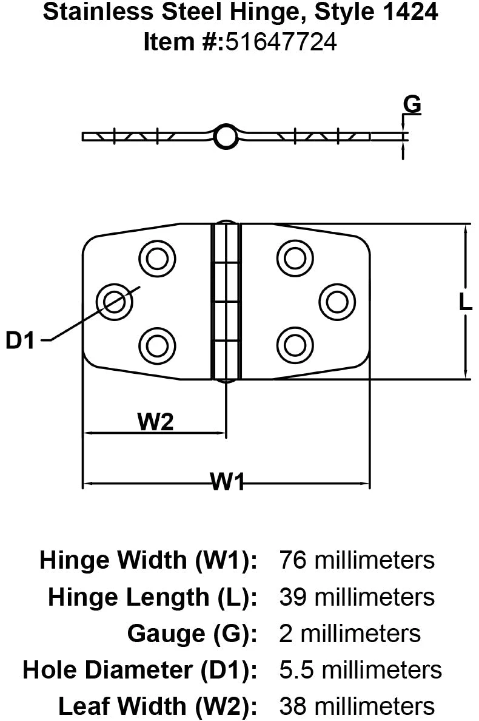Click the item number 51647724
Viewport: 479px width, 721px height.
[281, 42]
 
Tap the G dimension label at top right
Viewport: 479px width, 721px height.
[412, 105]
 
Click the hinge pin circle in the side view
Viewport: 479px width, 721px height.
[226, 137]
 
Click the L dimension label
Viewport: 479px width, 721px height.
[465, 302]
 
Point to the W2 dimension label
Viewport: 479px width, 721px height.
[156, 421]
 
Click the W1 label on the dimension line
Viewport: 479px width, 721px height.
[228, 483]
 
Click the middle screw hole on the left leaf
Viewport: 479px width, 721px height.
[115, 300]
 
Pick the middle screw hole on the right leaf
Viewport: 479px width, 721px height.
[337, 300]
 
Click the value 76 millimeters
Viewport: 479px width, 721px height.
[357, 560]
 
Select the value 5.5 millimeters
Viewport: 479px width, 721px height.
[360, 670]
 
